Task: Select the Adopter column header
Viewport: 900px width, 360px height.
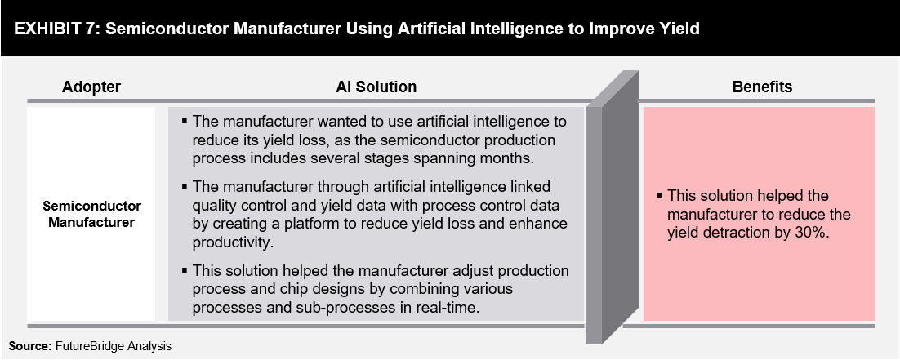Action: (91, 87)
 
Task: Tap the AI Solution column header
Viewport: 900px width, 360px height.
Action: (376, 87)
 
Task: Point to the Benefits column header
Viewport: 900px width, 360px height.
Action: (762, 87)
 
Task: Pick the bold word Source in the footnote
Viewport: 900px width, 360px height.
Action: (29, 346)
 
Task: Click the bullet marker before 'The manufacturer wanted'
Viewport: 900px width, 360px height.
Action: (185, 121)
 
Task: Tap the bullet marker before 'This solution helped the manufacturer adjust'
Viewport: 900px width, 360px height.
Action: (185, 270)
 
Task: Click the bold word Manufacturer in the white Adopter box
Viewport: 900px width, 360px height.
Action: (91, 223)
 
